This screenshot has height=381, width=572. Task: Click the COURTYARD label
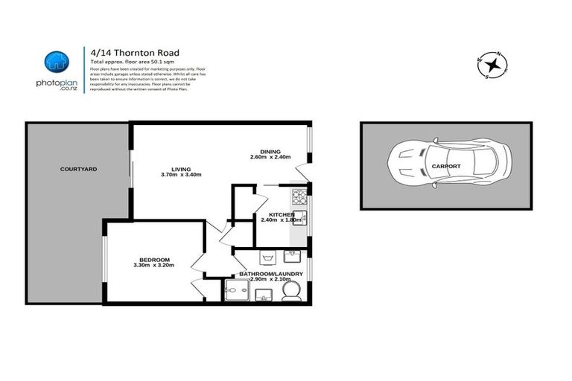click(78, 170)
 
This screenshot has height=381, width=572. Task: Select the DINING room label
click(270, 150)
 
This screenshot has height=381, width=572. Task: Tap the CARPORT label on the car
click(445, 167)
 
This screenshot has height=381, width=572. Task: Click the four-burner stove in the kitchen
click(299, 197)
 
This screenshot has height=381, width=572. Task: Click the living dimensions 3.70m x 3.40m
click(182, 175)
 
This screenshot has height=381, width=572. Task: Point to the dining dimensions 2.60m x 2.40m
click(270, 157)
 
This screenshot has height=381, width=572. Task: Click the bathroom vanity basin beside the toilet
click(264, 296)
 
